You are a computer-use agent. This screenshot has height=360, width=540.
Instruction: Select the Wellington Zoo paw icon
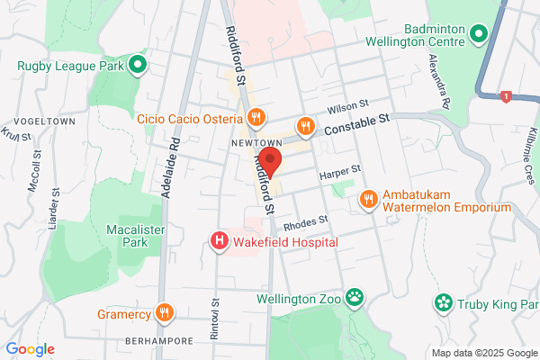pyautogui.click(x=357, y=296)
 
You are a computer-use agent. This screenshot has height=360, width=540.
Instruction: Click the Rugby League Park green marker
pyautogui.click(x=138, y=64)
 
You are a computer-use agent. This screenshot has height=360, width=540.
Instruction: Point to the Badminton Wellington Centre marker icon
pyautogui.click(x=479, y=34)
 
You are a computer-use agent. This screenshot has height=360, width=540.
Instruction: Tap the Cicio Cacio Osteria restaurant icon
pyautogui.click(x=256, y=117)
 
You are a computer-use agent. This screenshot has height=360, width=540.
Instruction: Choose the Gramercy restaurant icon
pyautogui.click(x=164, y=313)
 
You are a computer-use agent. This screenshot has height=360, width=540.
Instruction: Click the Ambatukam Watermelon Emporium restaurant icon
pyautogui.click(x=368, y=199)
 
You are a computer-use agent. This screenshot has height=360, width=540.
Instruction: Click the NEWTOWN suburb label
pyautogui.click(x=251, y=144)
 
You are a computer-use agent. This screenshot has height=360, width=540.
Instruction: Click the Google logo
pyautogui.click(x=30, y=349)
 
